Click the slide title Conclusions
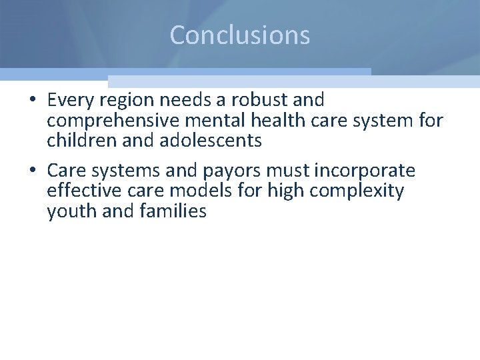tap(240, 35)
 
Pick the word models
tap(196, 191)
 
